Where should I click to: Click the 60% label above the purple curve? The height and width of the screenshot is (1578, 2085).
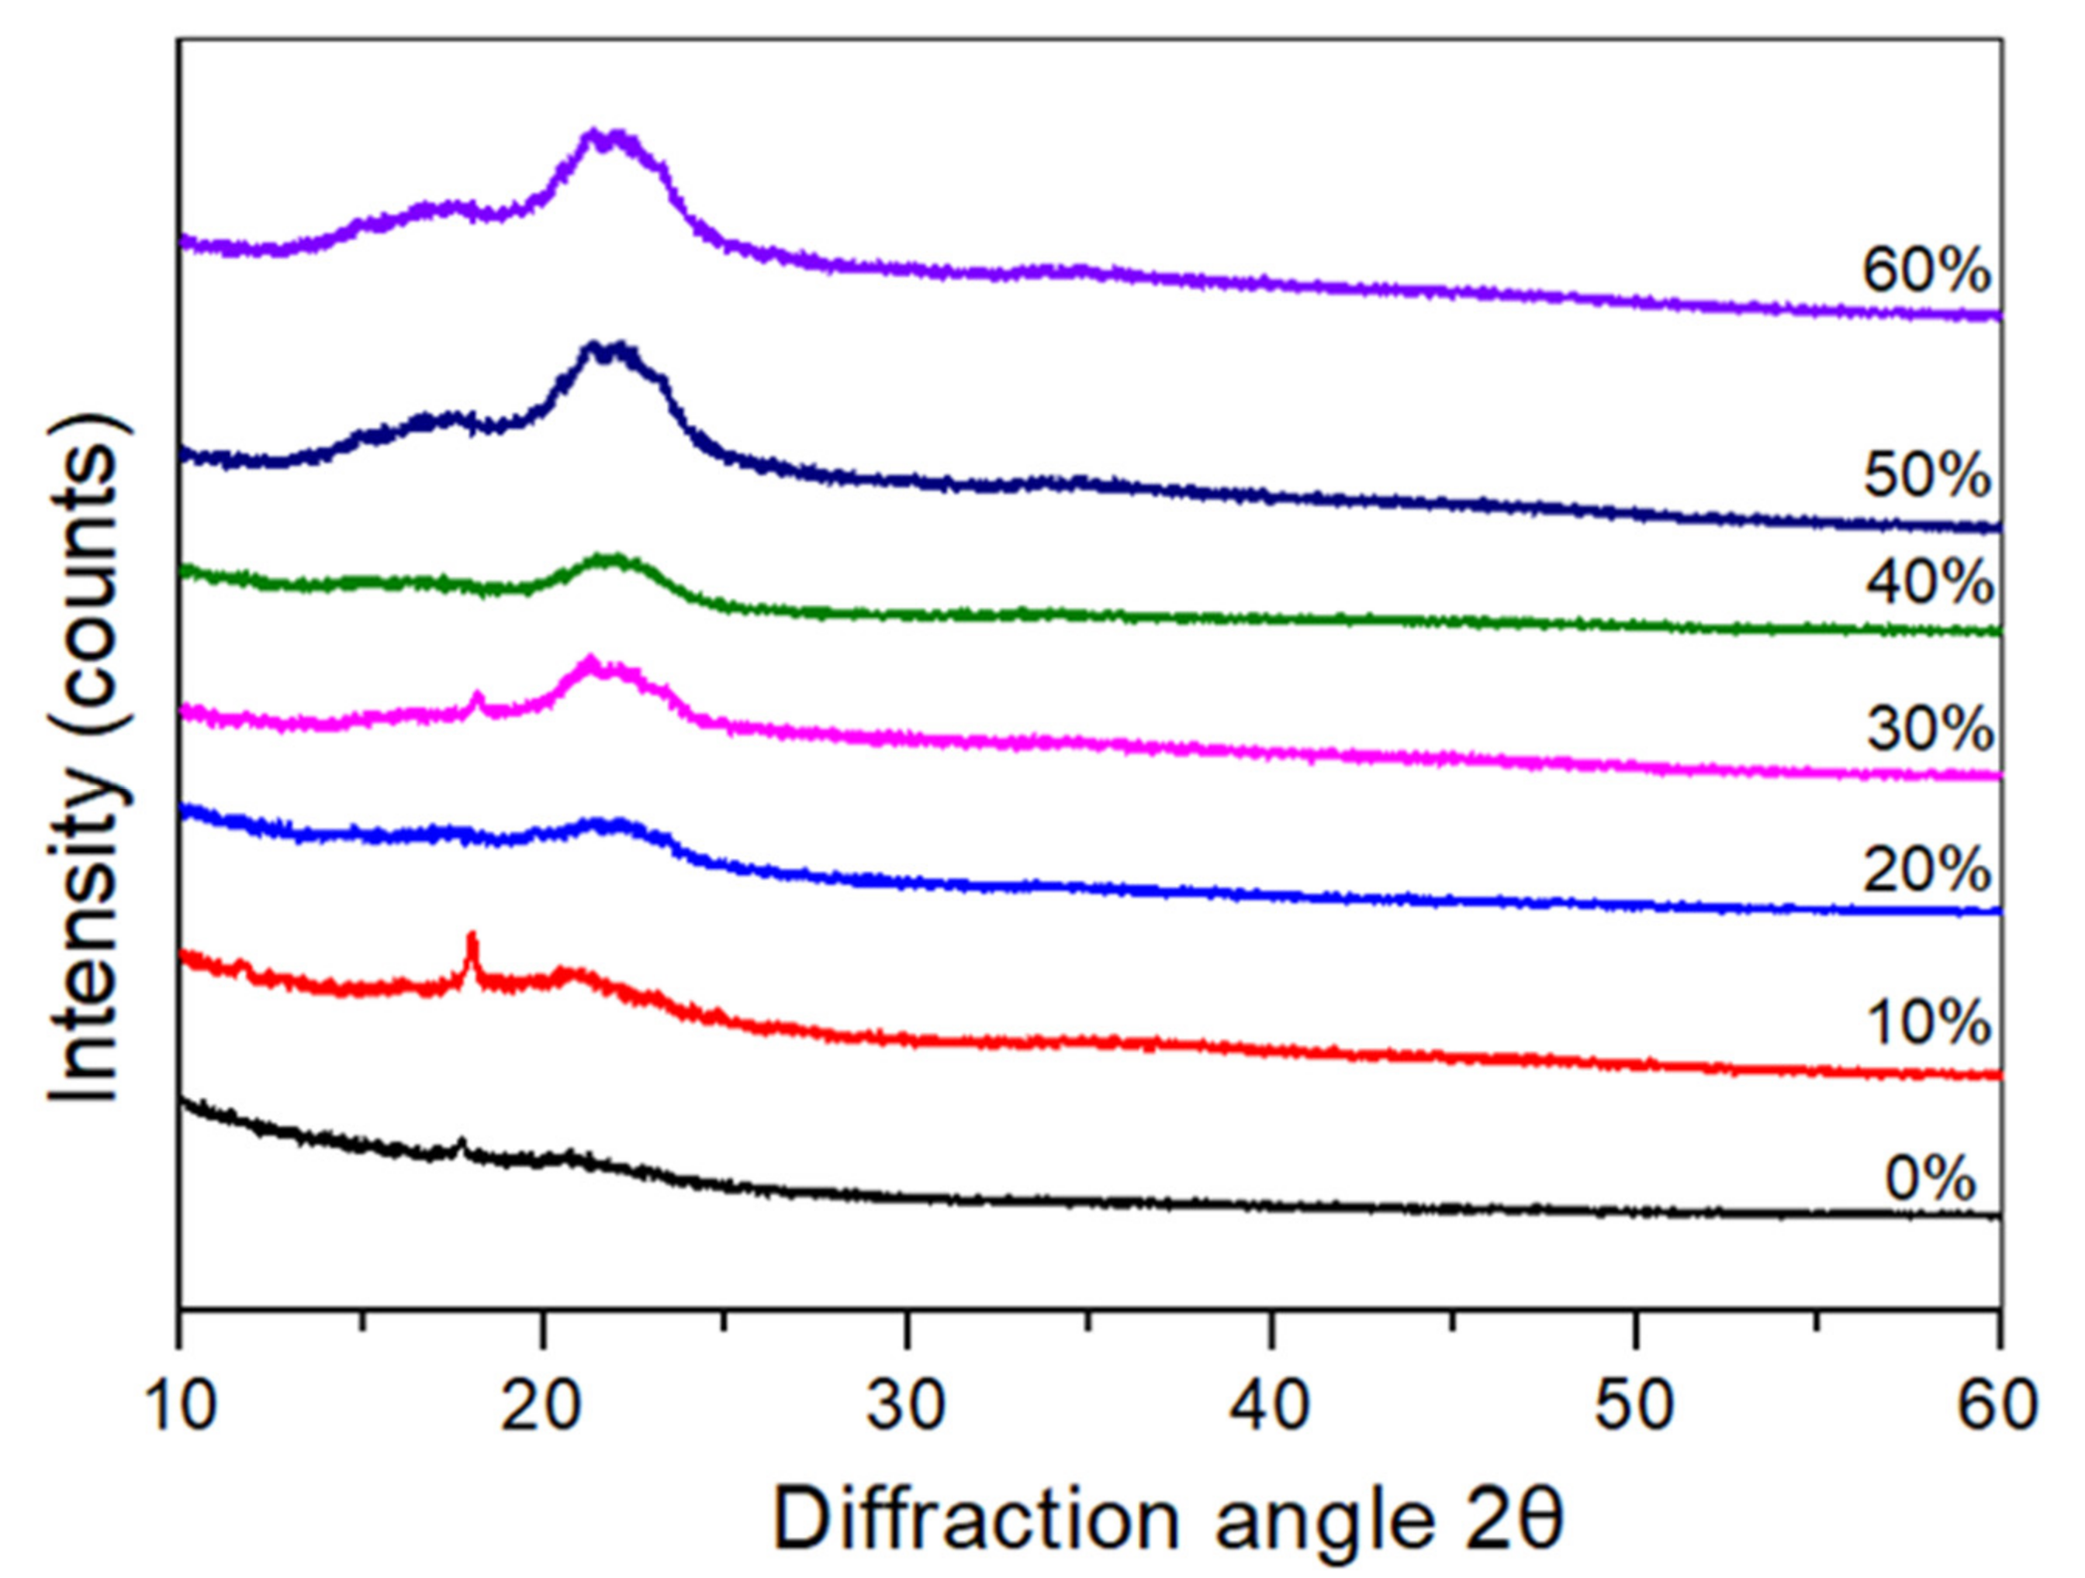pyautogui.click(x=1927, y=271)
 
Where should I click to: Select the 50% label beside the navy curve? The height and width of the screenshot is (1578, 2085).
pyautogui.click(x=1927, y=476)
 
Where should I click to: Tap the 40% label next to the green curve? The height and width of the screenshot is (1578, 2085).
pyautogui.click(x=1929, y=581)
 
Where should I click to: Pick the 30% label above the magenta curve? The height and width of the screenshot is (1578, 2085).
pyautogui.click(x=1929, y=729)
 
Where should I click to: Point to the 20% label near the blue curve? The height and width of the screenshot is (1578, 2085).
pyautogui.click(x=1927, y=870)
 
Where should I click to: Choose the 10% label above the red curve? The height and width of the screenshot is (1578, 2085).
pyautogui.click(x=1927, y=1023)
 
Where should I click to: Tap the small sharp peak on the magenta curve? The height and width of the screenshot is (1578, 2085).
pyautogui.click(x=478, y=699)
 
